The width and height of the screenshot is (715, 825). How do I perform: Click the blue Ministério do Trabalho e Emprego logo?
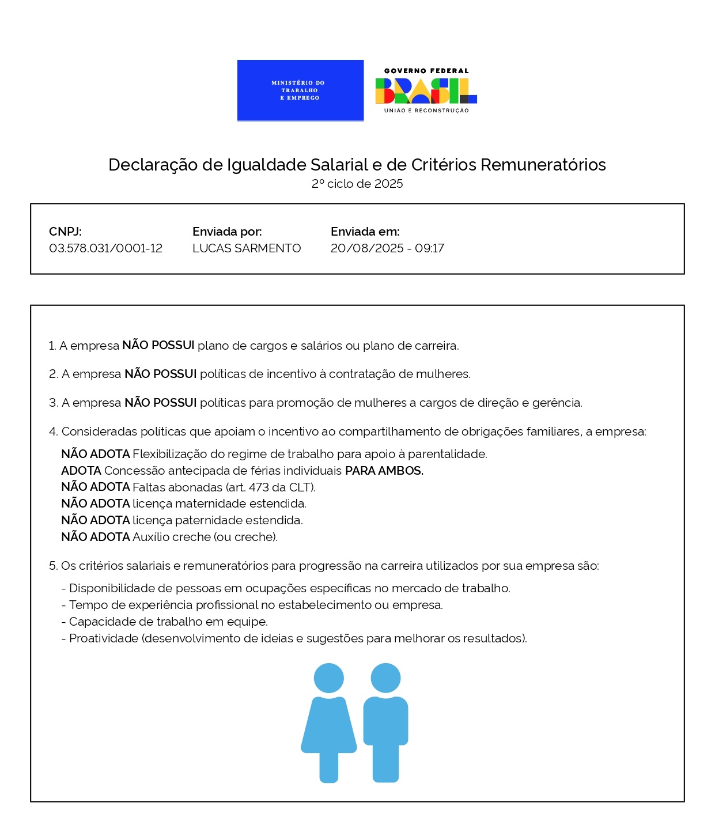tap(300, 90)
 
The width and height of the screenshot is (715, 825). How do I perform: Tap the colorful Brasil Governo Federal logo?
tap(426, 90)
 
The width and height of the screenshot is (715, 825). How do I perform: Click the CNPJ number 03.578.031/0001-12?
tap(105, 248)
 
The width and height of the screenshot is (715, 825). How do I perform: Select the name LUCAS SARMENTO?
tap(247, 248)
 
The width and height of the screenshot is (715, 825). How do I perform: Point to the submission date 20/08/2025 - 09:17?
tap(387, 248)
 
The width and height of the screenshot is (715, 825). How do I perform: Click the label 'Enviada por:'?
tap(227, 232)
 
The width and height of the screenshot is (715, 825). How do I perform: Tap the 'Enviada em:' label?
tap(365, 232)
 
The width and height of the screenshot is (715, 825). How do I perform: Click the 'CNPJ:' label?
tap(65, 232)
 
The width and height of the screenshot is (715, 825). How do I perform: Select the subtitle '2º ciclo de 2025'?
tap(357, 184)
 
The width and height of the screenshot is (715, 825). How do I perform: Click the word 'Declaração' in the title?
tap(153, 165)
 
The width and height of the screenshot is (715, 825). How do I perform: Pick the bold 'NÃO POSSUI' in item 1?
tap(158, 345)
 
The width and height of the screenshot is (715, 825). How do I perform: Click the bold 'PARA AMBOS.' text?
tap(384, 471)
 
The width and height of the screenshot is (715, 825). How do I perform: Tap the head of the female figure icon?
tap(329, 678)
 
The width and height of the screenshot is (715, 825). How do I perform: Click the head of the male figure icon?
tap(385, 678)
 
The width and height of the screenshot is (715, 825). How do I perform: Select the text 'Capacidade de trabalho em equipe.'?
tap(168, 622)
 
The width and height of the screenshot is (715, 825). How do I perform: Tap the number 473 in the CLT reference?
tap(260, 487)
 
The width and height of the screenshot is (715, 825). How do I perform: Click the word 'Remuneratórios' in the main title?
tap(543, 165)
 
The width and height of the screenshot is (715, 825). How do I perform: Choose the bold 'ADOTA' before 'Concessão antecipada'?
tap(81, 471)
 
